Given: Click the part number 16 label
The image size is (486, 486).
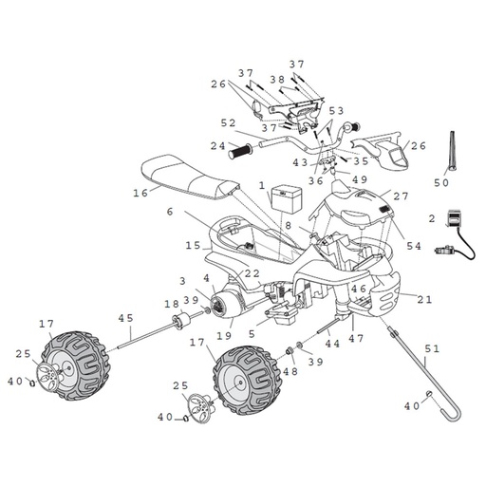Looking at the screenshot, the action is click(x=140, y=193).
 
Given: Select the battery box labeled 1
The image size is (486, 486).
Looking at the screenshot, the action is click(x=287, y=198).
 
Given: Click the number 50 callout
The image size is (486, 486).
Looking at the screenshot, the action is click(x=441, y=182).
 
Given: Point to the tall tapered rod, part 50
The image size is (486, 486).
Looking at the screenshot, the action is click(x=452, y=150).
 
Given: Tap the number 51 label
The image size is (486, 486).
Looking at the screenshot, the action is click(x=432, y=348).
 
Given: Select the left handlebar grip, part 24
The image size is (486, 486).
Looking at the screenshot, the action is click(x=240, y=152).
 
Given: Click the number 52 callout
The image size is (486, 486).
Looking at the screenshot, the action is click(x=228, y=123).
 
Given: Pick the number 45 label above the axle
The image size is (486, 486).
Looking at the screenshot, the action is click(x=126, y=318).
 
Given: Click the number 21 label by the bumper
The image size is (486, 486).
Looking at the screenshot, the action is click(x=424, y=299).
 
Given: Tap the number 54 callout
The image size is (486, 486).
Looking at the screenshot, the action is click(x=414, y=246).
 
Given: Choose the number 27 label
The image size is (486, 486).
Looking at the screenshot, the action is click(x=401, y=196).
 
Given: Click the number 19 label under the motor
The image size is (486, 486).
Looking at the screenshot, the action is click(x=224, y=336).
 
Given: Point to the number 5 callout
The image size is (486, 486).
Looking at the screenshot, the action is click(x=252, y=334).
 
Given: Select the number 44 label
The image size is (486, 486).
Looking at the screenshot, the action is click(x=332, y=344).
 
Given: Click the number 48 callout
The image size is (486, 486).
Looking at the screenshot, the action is click(x=290, y=371).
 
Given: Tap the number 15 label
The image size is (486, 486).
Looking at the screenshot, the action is click(x=193, y=245).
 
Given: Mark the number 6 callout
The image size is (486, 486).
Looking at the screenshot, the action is click(x=170, y=212).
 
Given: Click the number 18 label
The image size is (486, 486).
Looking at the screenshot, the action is click(x=172, y=305).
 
